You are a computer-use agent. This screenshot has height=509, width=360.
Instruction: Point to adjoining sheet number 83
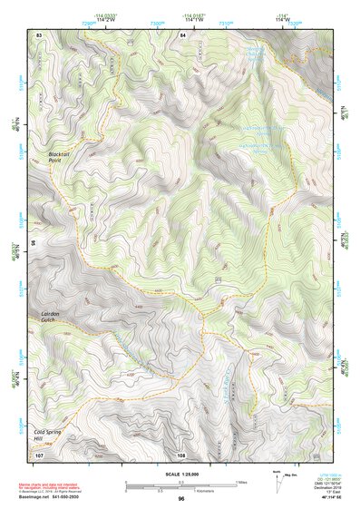39,34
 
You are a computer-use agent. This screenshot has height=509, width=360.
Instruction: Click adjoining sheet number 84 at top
182,34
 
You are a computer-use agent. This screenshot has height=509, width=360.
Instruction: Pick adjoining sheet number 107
39,455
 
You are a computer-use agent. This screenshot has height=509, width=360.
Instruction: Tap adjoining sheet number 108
181,455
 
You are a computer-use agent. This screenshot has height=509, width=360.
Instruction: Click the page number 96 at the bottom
181,498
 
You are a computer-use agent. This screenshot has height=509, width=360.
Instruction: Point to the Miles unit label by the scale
240,481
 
